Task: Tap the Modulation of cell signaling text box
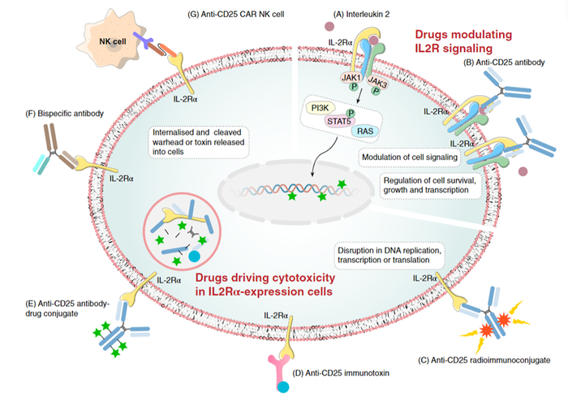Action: pos(411,154)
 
